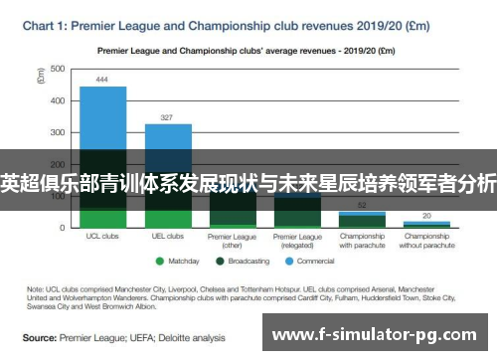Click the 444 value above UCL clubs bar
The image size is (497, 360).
[x=102, y=80]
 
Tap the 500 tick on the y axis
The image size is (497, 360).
[x=57, y=69]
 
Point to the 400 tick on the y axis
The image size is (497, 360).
[x=57, y=100]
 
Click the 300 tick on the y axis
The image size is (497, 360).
[x=57, y=132]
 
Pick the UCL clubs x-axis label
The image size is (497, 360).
[x=102, y=237]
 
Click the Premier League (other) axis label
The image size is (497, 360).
[x=233, y=241]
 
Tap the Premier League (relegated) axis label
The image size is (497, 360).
[x=298, y=241]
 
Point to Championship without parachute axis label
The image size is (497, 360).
[x=427, y=241]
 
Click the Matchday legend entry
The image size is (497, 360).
[x=179, y=262]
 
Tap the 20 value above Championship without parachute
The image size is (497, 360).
[x=427, y=215]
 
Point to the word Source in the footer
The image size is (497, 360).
[x=40, y=337]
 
